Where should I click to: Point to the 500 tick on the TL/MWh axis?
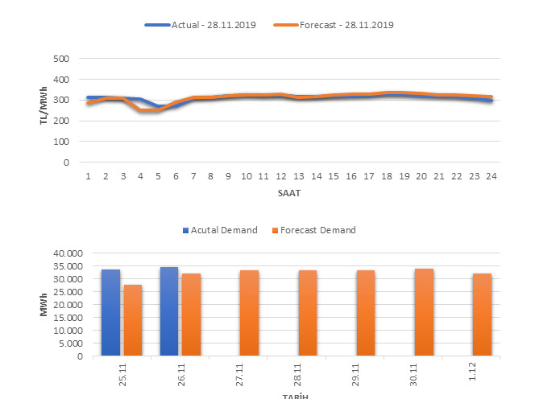pyautogui.click(x=60, y=59)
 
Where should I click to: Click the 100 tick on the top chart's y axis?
pyautogui.click(x=60, y=142)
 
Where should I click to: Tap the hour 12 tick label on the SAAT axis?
pyautogui.click(x=280, y=176)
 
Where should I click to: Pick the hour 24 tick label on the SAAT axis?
pyautogui.click(x=491, y=176)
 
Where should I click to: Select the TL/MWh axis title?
pyautogui.click(x=43, y=109)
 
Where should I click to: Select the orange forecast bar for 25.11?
pyautogui.click(x=132, y=320)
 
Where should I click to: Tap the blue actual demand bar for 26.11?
pyautogui.click(x=169, y=311)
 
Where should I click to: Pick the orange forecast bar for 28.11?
pyautogui.click(x=308, y=313)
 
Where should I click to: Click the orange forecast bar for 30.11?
pyautogui.click(x=424, y=312)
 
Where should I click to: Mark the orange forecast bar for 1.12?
pyautogui.click(x=482, y=315)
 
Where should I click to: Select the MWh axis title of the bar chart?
pyautogui.click(x=44, y=304)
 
